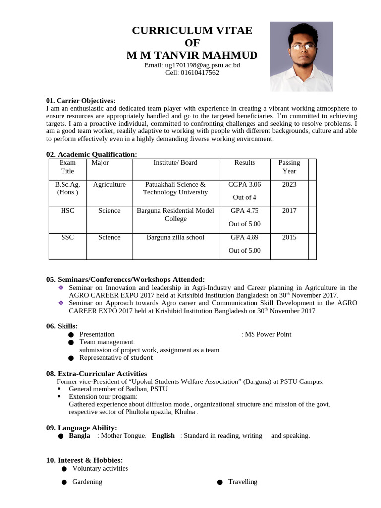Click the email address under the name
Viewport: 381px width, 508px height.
tap(192, 65)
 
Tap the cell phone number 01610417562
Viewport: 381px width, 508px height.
tap(192, 73)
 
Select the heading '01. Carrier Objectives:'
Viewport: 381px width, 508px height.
tap(80, 101)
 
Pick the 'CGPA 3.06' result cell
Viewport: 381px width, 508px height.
tap(245, 184)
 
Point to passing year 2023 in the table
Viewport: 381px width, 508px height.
tap(289, 184)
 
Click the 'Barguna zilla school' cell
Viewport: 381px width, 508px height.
tap(175, 237)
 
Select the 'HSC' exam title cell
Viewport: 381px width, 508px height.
tap(67, 211)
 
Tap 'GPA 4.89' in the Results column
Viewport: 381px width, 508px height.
tap(245, 237)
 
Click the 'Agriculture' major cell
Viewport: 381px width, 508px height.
tap(109, 184)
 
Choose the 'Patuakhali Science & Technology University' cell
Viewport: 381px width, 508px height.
tap(175, 188)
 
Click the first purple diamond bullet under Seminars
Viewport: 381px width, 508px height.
tap(61, 288)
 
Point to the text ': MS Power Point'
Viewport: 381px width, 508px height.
tap(266, 334)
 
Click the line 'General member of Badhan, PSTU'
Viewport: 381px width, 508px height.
tap(118, 389)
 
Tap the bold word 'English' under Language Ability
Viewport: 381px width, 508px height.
tap(163, 436)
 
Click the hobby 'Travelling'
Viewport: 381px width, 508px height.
tap(243, 482)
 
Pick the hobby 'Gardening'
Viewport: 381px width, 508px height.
tap(87, 482)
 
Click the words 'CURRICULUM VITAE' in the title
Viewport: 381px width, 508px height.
tap(192, 31)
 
